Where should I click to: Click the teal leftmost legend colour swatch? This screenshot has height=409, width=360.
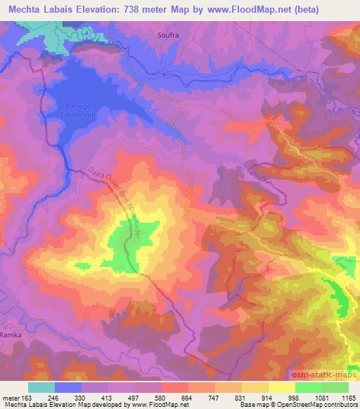coord(41,387)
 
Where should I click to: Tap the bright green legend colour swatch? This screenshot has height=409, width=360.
coord(309,387)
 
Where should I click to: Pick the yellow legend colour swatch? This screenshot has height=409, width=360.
coord(282,387)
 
